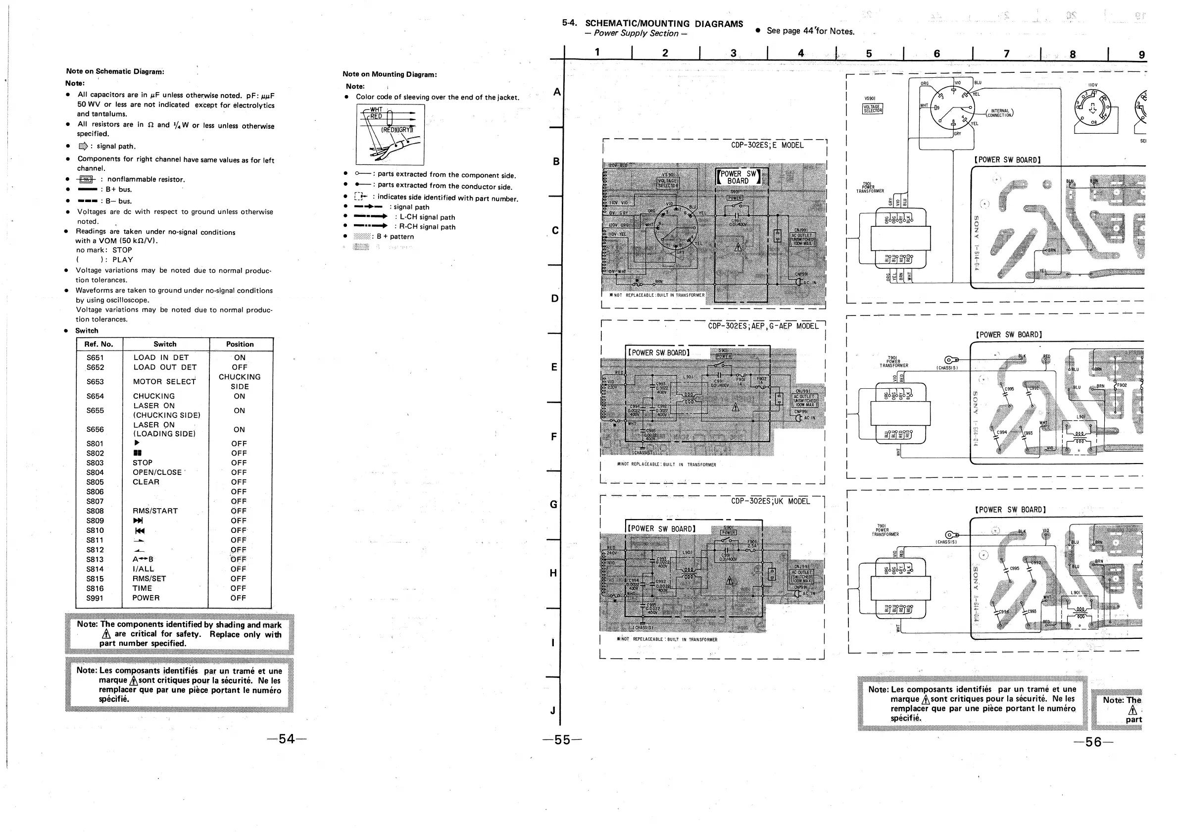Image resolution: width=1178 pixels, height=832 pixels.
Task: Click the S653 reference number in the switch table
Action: [95, 381]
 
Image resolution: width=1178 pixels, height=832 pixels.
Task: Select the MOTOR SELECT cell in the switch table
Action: [164, 381]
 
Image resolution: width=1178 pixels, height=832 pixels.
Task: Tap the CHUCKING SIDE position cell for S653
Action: [240, 381]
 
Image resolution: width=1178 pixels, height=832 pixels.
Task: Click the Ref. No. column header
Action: [98, 344]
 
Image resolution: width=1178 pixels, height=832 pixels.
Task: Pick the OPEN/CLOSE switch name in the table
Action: [157, 472]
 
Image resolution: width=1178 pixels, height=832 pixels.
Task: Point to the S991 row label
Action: [95, 597]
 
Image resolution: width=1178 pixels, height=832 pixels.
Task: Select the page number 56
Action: [1093, 742]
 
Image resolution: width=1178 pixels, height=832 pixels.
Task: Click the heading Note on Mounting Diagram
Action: [390, 74]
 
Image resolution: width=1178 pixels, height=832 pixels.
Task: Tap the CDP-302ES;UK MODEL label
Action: [770, 501]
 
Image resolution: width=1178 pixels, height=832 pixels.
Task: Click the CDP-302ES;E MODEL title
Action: [767, 145]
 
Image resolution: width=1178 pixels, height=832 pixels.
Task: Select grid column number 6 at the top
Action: [937, 53]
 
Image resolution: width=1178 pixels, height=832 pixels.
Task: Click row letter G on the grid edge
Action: [553, 504]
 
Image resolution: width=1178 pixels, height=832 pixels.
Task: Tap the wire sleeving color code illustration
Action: [390, 134]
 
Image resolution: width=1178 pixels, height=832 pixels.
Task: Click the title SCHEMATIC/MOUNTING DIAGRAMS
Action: [664, 24]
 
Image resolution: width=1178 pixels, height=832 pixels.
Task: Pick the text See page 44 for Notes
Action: [810, 31]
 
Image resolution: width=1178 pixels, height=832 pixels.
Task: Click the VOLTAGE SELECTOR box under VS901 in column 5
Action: [872, 109]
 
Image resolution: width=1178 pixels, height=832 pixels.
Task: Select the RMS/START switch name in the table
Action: [155, 511]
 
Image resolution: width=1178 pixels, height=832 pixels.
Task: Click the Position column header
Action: [240, 344]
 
